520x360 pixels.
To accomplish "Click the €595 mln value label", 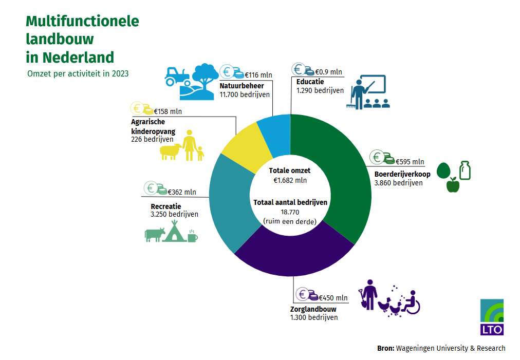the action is tap(410, 162).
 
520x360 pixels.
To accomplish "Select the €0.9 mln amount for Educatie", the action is tap(328, 72).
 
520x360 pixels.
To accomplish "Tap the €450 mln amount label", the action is tap(333, 298).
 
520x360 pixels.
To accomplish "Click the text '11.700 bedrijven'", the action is tap(245, 94).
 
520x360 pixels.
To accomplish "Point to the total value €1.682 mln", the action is tap(290, 180).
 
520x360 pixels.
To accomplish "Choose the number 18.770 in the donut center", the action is tap(290, 212).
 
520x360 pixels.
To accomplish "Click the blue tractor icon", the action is tap(178, 77).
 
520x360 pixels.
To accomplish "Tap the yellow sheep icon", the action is tap(171, 152).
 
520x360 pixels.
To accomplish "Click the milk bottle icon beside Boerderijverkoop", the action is tap(465, 170).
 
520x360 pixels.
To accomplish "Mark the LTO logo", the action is tap(492, 317).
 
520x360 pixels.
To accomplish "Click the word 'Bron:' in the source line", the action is tap(386, 348).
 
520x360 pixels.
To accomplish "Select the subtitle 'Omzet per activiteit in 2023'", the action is tap(78, 73).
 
